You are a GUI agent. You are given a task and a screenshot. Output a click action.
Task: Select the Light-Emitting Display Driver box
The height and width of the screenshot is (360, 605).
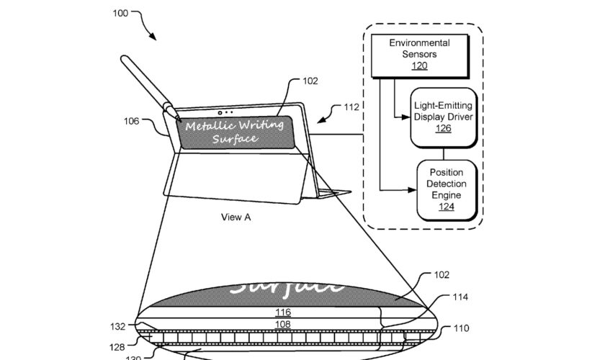point(443,116)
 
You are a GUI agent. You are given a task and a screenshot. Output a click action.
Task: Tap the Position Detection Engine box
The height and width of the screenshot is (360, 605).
point(447,189)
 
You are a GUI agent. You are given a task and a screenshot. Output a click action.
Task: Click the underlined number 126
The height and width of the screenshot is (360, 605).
point(443,129)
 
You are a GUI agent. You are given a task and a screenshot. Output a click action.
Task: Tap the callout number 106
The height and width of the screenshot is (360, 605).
point(131,121)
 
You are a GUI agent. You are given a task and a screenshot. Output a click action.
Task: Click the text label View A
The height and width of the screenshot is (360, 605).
point(236,217)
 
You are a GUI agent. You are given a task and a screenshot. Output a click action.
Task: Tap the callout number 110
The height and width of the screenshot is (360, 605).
point(461,329)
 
